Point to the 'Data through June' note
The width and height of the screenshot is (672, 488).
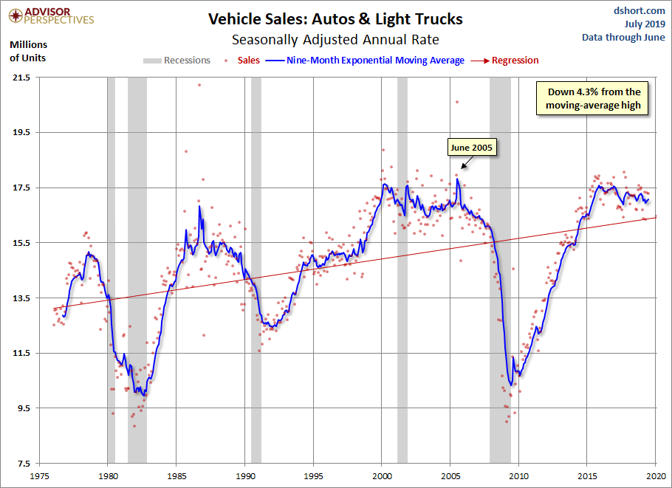click(x=623, y=37)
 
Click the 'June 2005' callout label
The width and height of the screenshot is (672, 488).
click(x=473, y=148)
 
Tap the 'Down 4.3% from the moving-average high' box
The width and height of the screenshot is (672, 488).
click(x=594, y=99)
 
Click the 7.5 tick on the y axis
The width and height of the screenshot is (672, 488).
click(x=23, y=463)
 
